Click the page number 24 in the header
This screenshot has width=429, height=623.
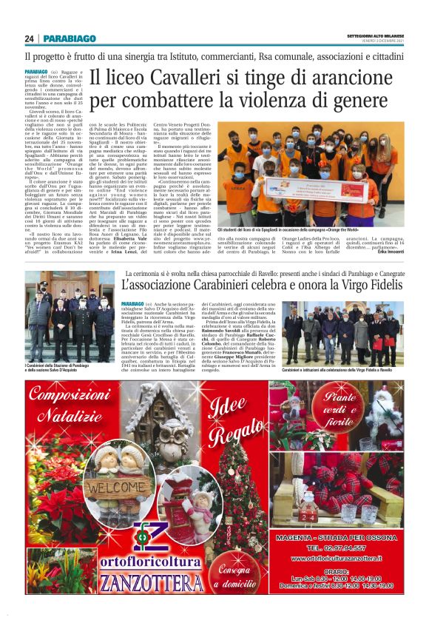tap(28, 38)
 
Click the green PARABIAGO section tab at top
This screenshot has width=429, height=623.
tap(69, 38)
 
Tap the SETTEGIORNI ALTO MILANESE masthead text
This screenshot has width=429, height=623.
tap(375, 36)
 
